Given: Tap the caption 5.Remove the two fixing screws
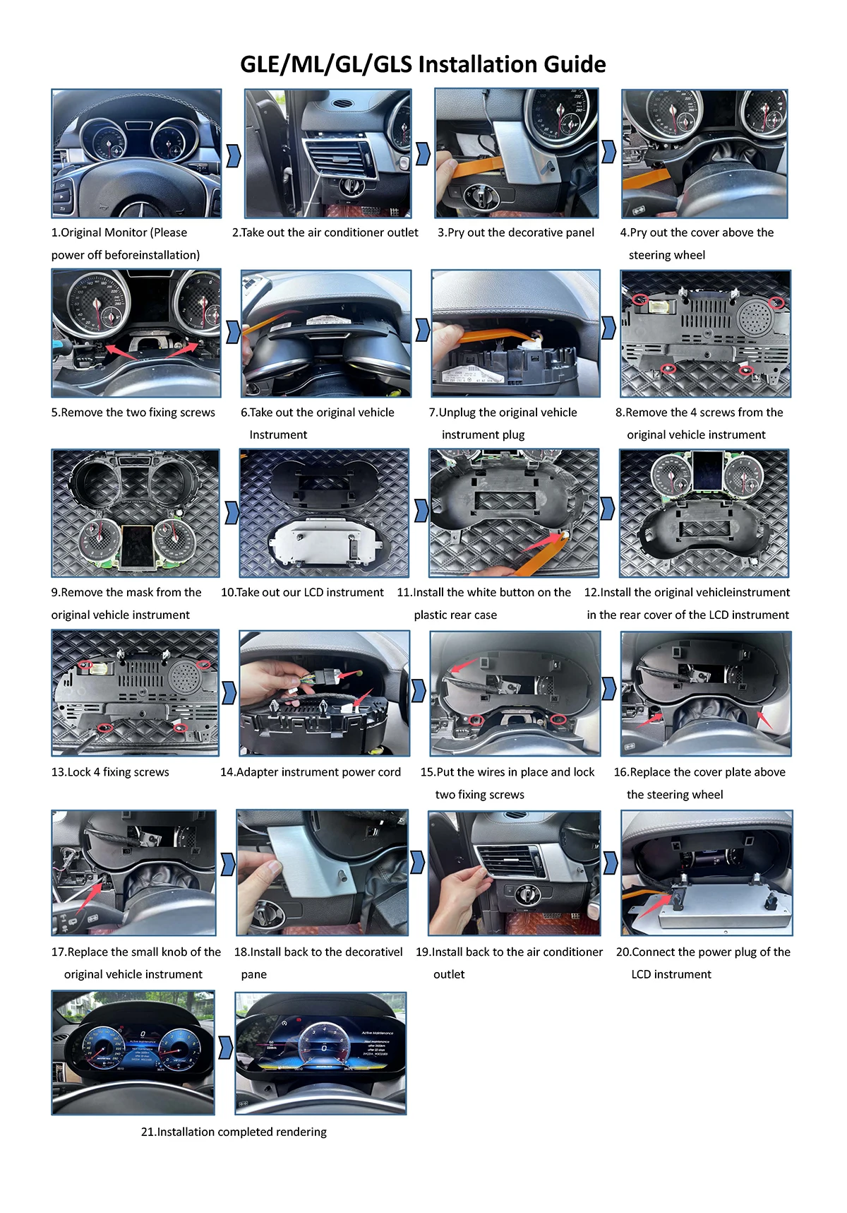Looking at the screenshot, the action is tap(133, 413).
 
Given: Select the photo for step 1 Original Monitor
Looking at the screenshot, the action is tap(136, 153).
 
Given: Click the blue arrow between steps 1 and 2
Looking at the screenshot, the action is tap(234, 155).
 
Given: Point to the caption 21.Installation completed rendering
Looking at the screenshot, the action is tap(234, 1132).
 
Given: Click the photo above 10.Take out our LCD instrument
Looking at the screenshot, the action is tap(325, 514).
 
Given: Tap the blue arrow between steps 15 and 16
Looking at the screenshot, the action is tap(609, 688).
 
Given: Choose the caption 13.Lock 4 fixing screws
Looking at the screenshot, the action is tap(110, 772).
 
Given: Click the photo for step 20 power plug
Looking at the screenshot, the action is tap(707, 873).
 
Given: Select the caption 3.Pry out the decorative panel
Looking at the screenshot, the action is tap(516, 232).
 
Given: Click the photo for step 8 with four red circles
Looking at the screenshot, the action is tap(706, 333).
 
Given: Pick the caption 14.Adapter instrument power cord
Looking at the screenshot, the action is tap(311, 772).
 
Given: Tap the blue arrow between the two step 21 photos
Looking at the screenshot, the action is tap(225, 1048).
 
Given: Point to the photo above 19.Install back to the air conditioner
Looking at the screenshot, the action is tap(515, 873).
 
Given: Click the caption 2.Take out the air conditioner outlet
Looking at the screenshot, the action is tap(325, 232).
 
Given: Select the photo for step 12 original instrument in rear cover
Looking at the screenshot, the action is tap(704, 514).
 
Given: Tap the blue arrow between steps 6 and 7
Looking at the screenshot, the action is tap(423, 329).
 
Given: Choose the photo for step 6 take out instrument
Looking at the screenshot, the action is tap(326, 333).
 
